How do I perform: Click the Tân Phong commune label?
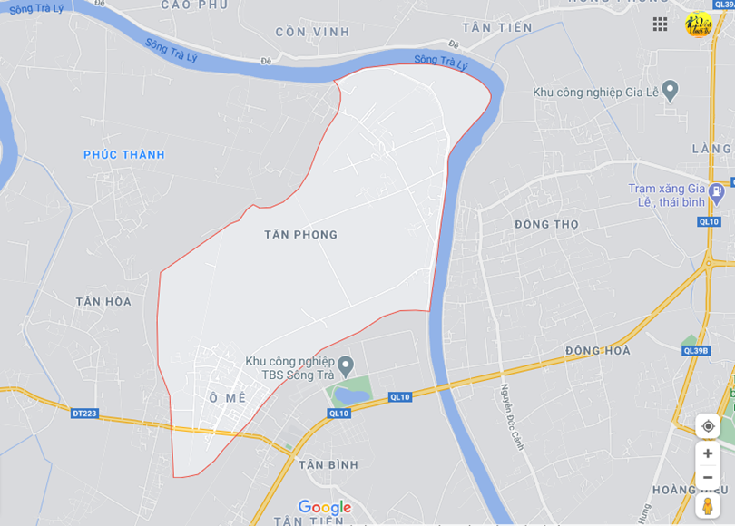click(x=300, y=235)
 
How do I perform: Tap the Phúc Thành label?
click(x=124, y=155)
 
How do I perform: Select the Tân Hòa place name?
click(x=103, y=302)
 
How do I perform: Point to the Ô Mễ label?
click(x=227, y=398)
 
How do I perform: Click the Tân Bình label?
click(x=328, y=464)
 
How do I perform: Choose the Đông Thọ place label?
click(x=545, y=224)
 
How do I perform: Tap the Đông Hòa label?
click(x=597, y=351)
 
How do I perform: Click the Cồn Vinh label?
click(x=312, y=32)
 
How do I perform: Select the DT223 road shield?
click(x=83, y=414)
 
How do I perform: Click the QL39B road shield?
click(x=696, y=351)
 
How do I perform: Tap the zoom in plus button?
click(x=708, y=453)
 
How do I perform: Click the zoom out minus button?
click(x=708, y=478)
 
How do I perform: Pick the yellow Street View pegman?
click(x=708, y=505)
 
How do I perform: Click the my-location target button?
click(x=708, y=426)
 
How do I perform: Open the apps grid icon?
click(x=660, y=24)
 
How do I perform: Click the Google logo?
click(x=324, y=507)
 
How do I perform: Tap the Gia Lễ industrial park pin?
click(x=671, y=90)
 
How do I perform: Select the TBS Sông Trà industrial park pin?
click(x=345, y=363)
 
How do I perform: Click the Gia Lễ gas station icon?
click(x=717, y=191)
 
